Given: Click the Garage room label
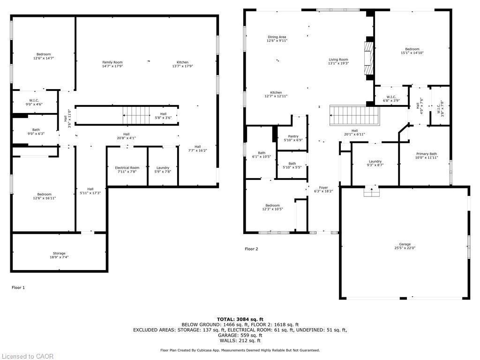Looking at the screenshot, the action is point(405,244).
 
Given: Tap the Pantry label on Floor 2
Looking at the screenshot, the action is point(293,136).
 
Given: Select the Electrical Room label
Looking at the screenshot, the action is point(127,168).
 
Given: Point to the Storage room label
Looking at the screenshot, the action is point(59,254).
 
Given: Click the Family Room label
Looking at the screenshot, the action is point(112,62).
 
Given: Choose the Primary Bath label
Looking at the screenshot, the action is point(427,154).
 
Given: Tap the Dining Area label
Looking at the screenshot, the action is point(277,37).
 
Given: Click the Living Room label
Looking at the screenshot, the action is point(338,60).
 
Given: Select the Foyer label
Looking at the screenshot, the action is point(323,187).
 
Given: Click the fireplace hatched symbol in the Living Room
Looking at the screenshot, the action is point(369,58).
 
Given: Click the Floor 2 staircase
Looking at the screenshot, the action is point(354,115).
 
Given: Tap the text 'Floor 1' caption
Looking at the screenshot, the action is point(18,287).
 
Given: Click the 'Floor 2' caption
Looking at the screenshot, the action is point(251,249).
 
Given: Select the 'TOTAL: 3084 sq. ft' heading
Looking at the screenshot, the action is point(240,319).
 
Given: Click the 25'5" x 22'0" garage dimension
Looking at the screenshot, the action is point(405,248).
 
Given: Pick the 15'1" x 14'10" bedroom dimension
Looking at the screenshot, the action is point(412,53).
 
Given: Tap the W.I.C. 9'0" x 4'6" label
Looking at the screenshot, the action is point(34,102).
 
